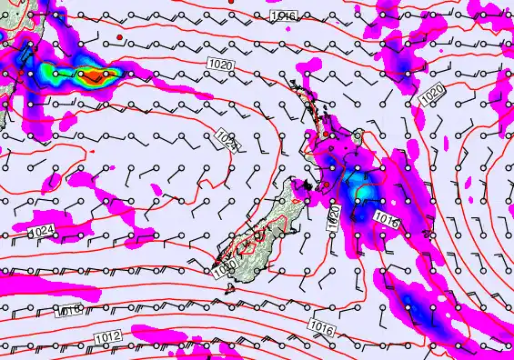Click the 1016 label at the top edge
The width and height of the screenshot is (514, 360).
click(x=281, y=16)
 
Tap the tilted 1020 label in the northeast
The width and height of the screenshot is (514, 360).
click(x=430, y=91)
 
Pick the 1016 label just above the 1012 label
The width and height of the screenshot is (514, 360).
click(x=66, y=312)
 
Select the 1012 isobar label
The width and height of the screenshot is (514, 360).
click(x=106, y=338)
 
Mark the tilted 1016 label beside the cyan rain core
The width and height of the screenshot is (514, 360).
click(x=387, y=218)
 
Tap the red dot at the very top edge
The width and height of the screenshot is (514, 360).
click(x=233, y=3)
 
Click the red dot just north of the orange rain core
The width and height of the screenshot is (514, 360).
click(x=119, y=35)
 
